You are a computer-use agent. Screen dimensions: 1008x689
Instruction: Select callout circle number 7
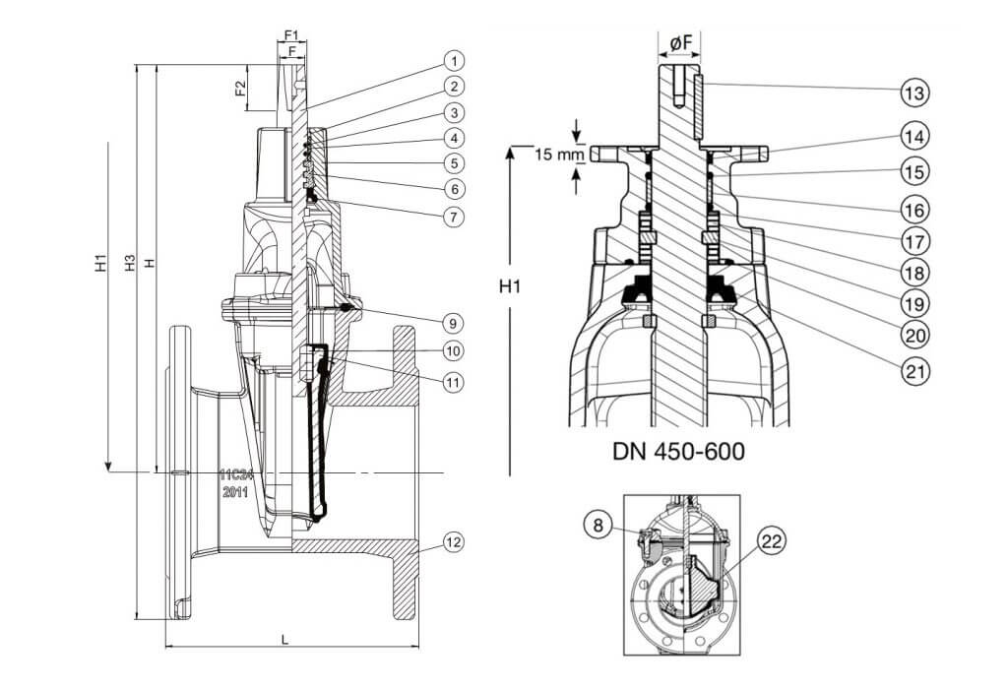click(x=452, y=214)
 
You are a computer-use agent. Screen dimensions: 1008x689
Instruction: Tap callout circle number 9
click(x=452, y=322)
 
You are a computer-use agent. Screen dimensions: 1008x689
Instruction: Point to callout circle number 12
click(x=452, y=542)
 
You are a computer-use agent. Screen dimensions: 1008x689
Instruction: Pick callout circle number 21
click(x=913, y=373)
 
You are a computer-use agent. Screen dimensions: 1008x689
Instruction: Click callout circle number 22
click(x=773, y=540)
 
